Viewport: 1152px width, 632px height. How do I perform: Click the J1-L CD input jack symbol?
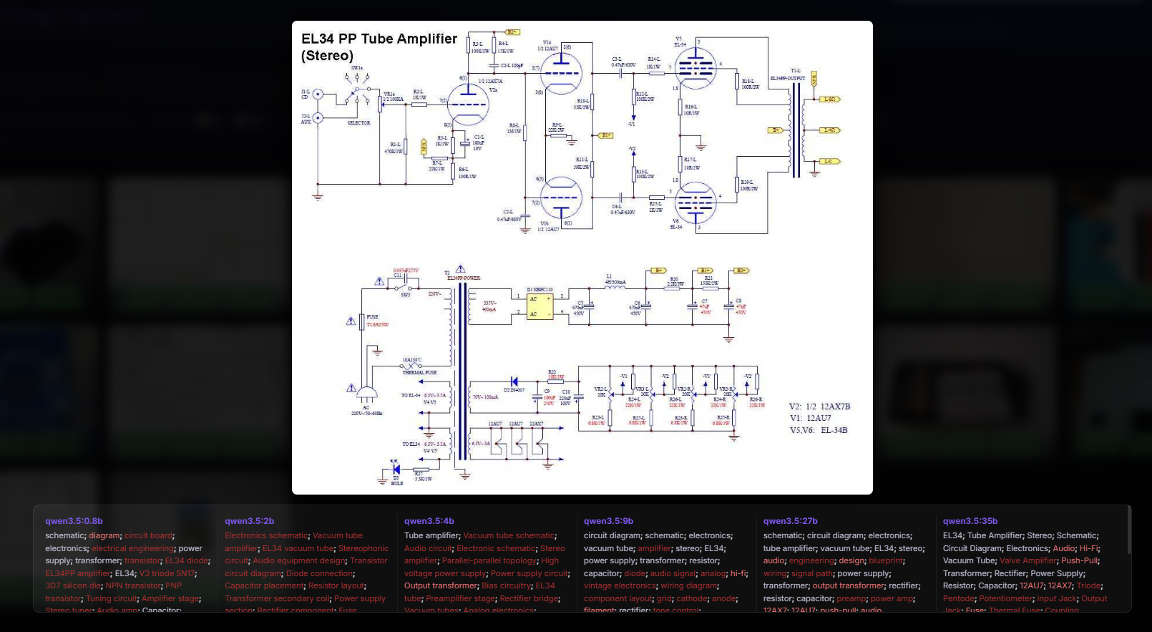pos(318,94)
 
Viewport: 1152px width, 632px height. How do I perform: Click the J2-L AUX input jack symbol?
pos(318,118)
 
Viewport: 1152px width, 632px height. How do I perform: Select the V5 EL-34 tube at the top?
pos(695,69)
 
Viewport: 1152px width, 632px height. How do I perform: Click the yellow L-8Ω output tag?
pos(830,99)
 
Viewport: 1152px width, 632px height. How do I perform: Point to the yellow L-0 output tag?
pos(830,162)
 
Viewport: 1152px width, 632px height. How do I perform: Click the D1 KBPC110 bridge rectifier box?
pos(540,306)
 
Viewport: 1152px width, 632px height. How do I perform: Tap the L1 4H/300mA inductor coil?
pos(615,287)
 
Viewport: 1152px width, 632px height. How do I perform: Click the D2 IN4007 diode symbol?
pos(514,381)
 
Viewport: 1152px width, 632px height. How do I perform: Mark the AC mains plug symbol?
pos(366,394)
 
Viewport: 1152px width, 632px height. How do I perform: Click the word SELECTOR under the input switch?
pos(358,123)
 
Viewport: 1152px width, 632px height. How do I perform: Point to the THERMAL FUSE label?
pos(419,373)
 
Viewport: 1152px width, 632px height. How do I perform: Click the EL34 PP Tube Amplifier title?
pos(379,39)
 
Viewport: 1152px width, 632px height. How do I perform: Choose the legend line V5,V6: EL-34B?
pos(819,430)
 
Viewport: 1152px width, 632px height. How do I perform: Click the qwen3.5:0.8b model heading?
pos(74,521)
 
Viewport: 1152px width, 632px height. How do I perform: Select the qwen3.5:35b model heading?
pos(970,521)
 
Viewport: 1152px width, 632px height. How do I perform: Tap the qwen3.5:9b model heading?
pos(608,521)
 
